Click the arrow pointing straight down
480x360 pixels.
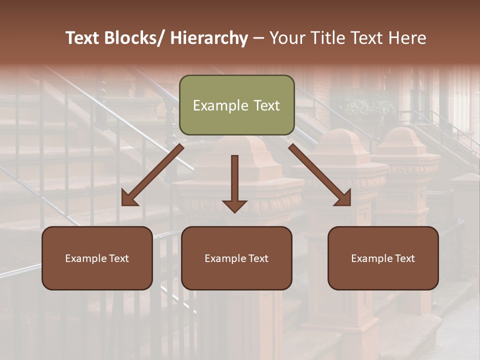tap(234, 182)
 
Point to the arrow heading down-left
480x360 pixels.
tap(152, 175)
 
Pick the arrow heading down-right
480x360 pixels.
tap(320, 175)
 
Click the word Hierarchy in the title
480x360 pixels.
tap(208, 38)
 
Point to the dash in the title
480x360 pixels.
tap(258, 38)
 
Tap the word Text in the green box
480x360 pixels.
tap(265, 106)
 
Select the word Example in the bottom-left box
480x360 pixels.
tap(86, 258)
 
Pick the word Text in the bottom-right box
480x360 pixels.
tap(404, 258)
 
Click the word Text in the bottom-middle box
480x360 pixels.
tap(258, 258)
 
